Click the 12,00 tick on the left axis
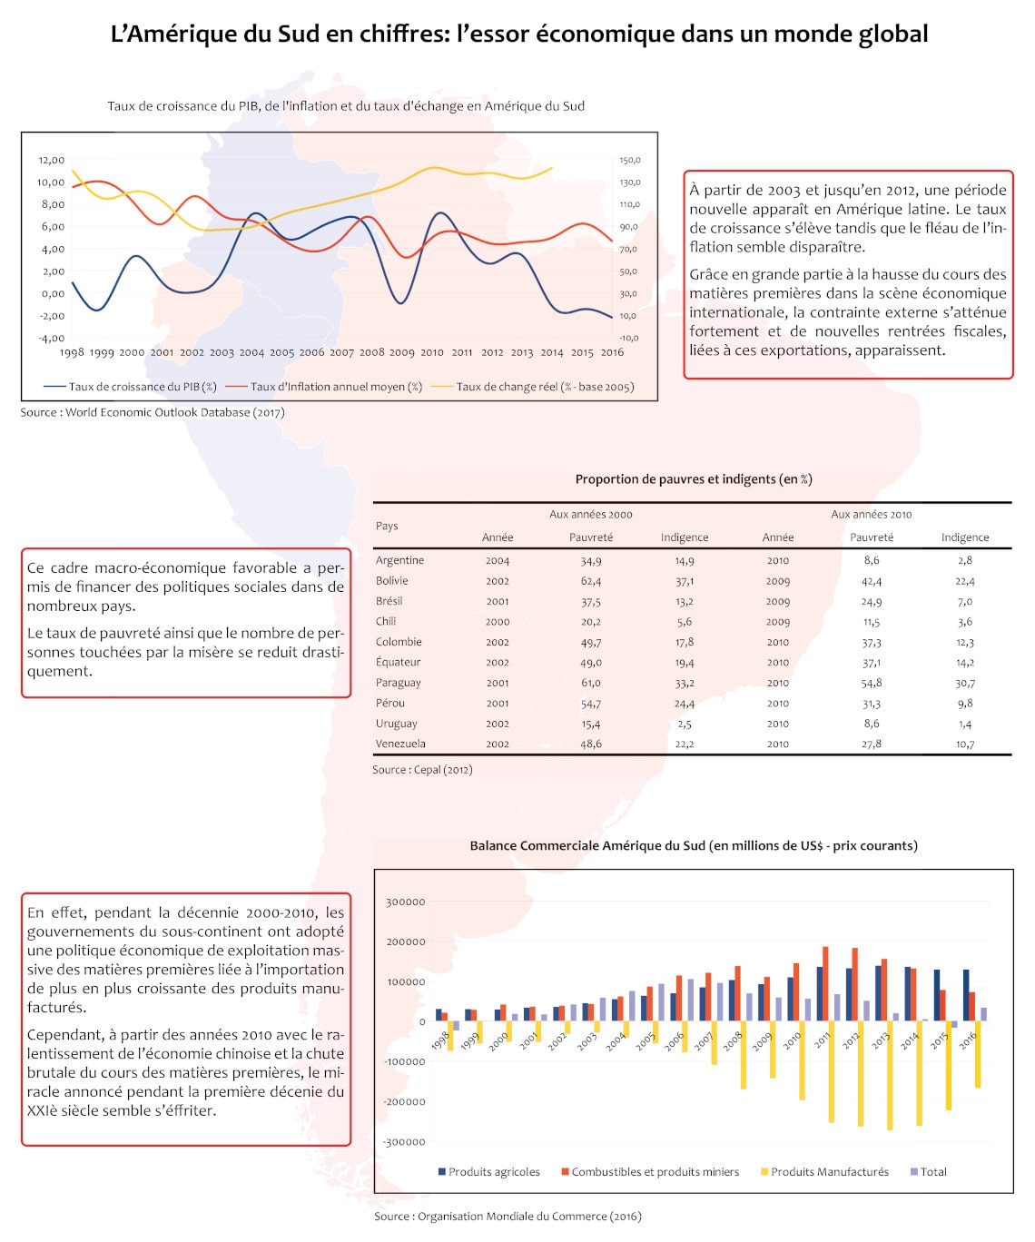click(x=51, y=160)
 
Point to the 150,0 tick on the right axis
click(x=630, y=160)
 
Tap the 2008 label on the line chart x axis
click(x=371, y=352)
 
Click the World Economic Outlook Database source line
click(x=153, y=412)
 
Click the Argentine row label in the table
click(x=399, y=560)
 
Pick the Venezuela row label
click(x=400, y=744)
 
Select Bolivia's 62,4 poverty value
click(x=591, y=581)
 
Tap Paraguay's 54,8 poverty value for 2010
click(x=872, y=683)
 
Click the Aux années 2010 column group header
click(x=872, y=514)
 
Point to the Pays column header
click(x=387, y=526)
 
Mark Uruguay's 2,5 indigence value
click(x=685, y=724)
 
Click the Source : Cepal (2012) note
click(x=422, y=770)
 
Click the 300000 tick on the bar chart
click(x=405, y=902)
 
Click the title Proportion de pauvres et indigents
click(x=693, y=479)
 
